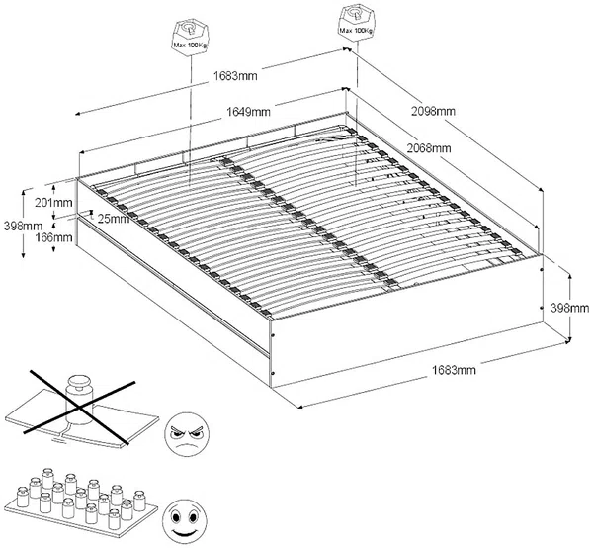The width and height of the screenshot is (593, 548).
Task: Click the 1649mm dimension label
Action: click(248, 112)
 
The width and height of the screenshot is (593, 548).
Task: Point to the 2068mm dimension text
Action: click(429, 148)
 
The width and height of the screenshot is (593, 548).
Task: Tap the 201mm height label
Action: click(53, 202)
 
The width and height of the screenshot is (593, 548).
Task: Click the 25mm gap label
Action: click(114, 219)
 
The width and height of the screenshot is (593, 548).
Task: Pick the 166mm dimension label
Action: click(53, 237)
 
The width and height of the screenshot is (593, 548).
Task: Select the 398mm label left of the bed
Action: click(23, 227)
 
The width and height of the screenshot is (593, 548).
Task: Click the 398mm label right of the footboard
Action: click(569, 308)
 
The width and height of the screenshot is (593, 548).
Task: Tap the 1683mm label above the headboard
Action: click(235, 76)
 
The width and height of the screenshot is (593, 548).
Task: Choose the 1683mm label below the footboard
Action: click(454, 369)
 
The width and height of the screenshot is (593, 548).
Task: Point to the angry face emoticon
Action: click(188, 433)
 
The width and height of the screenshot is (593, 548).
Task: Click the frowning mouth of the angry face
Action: click(187, 445)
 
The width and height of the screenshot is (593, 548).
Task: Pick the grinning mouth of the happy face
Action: click(186, 533)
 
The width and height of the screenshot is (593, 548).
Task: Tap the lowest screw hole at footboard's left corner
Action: click(274, 374)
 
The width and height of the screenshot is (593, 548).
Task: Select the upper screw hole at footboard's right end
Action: click(542, 270)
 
